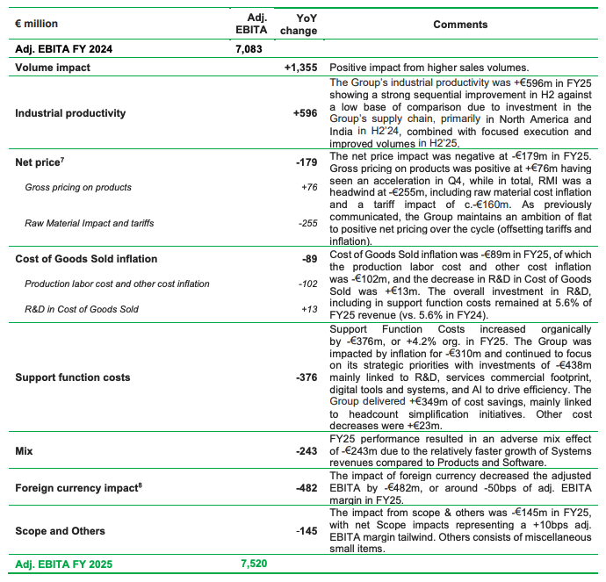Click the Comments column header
(x=460, y=25)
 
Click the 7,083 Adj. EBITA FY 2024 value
(x=249, y=49)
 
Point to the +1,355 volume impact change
(x=300, y=67)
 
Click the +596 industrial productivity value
(x=305, y=113)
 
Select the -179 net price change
(x=306, y=162)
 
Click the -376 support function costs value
(x=305, y=377)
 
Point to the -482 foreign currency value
(x=305, y=488)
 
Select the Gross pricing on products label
(x=78, y=187)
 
